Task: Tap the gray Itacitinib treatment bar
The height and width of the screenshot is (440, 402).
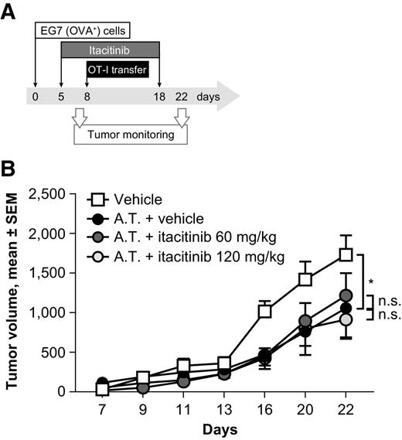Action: [x=110, y=49]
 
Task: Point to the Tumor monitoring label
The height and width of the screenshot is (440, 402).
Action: [x=129, y=135]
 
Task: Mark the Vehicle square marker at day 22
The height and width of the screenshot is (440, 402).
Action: [x=346, y=254]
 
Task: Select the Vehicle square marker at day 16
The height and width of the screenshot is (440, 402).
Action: [x=264, y=311]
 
